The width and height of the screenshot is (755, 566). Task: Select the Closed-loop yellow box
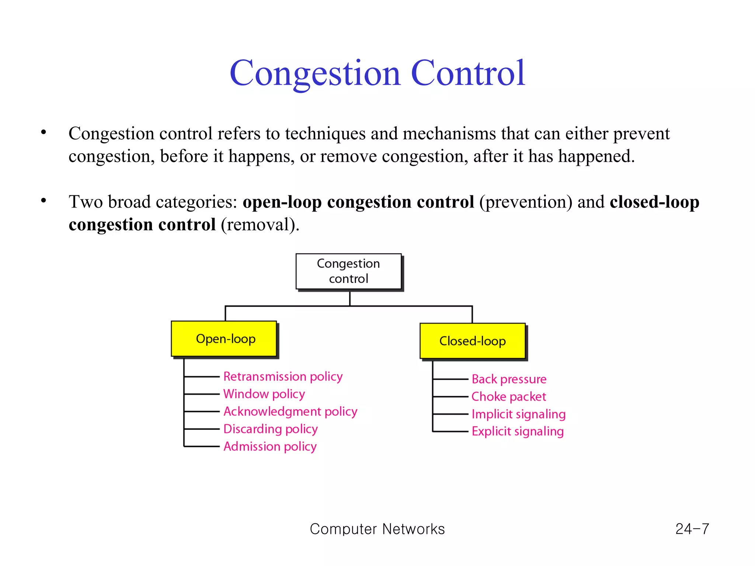pyautogui.click(x=473, y=341)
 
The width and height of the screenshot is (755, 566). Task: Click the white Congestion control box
pyautogui.click(x=348, y=271)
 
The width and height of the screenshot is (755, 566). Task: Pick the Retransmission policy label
pyautogui.click(x=283, y=377)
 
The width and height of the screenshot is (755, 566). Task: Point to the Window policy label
pyautogui.click(x=264, y=394)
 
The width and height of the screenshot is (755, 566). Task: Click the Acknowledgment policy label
pyautogui.click(x=290, y=411)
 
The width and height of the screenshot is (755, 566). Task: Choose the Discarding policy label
pyautogui.click(x=270, y=429)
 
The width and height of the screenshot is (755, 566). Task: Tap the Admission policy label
pyautogui.click(x=270, y=446)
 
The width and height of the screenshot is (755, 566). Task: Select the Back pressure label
pyautogui.click(x=509, y=379)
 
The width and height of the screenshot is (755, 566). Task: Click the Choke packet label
pyautogui.click(x=508, y=396)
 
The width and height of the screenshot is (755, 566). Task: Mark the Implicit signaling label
pyautogui.click(x=518, y=414)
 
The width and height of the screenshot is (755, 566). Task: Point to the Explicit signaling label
pyautogui.click(x=518, y=432)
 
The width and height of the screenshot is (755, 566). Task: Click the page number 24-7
pyautogui.click(x=692, y=529)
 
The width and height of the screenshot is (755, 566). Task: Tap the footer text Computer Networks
pyautogui.click(x=377, y=529)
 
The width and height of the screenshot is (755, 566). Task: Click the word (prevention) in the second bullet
pyautogui.click(x=526, y=202)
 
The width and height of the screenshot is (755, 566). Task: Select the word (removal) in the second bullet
pyautogui.click(x=260, y=225)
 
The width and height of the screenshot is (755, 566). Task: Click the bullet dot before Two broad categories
pyautogui.click(x=44, y=201)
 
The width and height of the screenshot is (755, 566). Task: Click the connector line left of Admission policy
pyautogui.click(x=202, y=447)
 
